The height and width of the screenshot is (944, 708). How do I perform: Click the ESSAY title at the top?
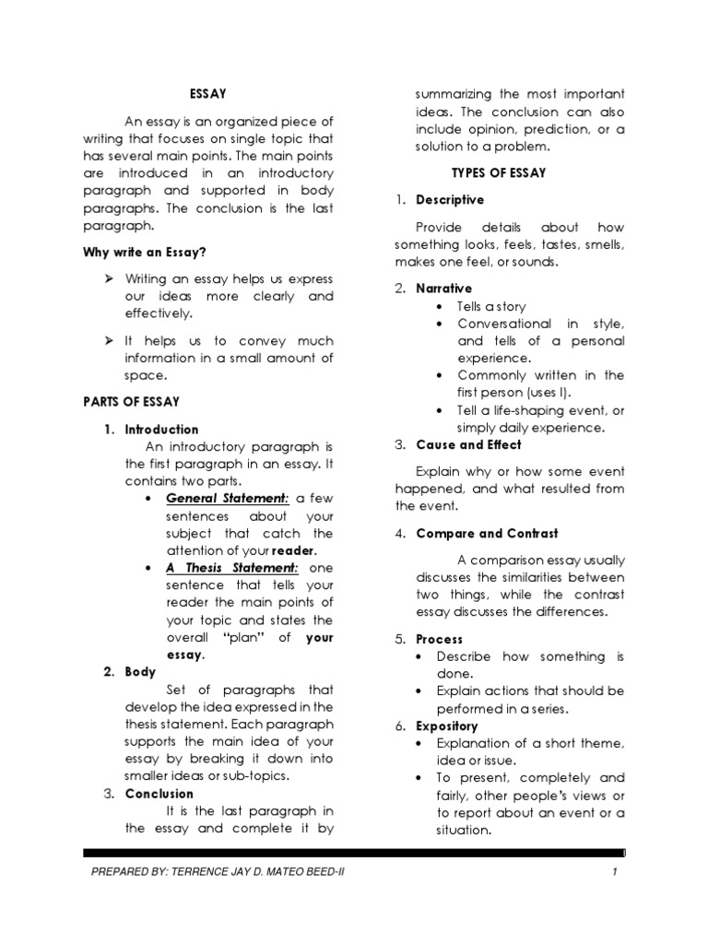pyautogui.click(x=207, y=93)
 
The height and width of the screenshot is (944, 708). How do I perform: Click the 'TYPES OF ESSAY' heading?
pyautogui.click(x=498, y=172)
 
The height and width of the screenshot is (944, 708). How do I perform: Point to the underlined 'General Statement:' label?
pyautogui.click(x=228, y=499)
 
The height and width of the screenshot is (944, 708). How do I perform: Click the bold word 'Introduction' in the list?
pyautogui.click(x=162, y=429)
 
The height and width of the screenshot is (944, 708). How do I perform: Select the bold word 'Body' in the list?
pyautogui.click(x=141, y=672)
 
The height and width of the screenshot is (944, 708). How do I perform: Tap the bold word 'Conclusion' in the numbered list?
pyautogui.click(x=159, y=793)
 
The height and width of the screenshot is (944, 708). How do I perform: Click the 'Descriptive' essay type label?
pyautogui.click(x=450, y=200)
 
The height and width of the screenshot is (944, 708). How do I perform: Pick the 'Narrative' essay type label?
pyautogui.click(x=443, y=289)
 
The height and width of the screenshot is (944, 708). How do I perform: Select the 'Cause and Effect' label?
pyautogui.click(x=468, y=444)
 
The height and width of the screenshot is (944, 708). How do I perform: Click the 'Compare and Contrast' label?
pyautogui.click(x=487, y=533)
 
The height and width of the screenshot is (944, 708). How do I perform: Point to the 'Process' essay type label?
pyautogui.click(x=440, y=639)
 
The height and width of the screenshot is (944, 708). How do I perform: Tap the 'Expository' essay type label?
pyautogui.click(x=447, y=726)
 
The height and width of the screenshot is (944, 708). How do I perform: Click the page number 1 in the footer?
pyautogui.click(x=612, y=872)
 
